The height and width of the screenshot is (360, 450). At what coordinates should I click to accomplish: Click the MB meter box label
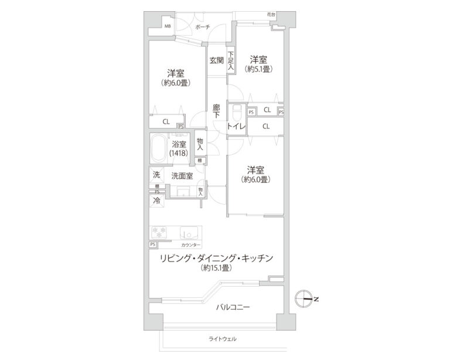168,26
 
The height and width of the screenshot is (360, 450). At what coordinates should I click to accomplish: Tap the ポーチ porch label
203,27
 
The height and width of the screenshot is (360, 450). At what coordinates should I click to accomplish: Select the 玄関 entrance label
216,60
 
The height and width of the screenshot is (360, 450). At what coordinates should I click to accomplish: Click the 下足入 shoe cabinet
231,60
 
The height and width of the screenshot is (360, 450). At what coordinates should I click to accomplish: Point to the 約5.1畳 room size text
258,69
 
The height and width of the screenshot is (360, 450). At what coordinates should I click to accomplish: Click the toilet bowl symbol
237,113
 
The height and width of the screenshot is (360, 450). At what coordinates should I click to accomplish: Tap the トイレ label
237,126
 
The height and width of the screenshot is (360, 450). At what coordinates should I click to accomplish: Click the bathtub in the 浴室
159,148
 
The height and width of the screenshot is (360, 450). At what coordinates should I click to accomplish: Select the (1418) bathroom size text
179,153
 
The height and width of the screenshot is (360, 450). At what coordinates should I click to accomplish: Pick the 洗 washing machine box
156,175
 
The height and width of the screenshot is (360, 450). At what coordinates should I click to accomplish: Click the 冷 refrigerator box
156,201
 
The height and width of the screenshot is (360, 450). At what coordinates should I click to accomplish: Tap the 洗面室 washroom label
182,176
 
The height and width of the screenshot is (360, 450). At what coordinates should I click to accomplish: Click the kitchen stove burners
159,232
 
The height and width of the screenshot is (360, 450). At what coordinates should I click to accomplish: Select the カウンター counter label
191,245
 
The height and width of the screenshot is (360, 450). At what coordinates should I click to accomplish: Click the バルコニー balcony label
233,307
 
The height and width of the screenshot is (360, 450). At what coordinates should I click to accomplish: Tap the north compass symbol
304,299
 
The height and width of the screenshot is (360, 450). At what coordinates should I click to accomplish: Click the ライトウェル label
223,339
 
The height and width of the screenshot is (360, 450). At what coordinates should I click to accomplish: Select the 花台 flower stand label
271,14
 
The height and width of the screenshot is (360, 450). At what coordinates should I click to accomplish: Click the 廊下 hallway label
216,111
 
